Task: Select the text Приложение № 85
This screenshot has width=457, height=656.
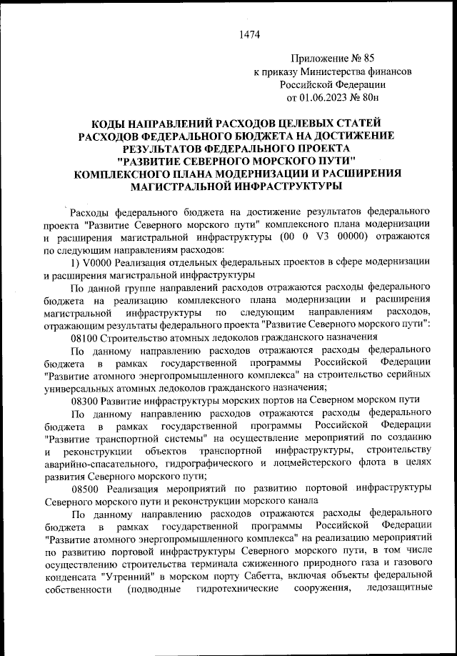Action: point(333,59)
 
